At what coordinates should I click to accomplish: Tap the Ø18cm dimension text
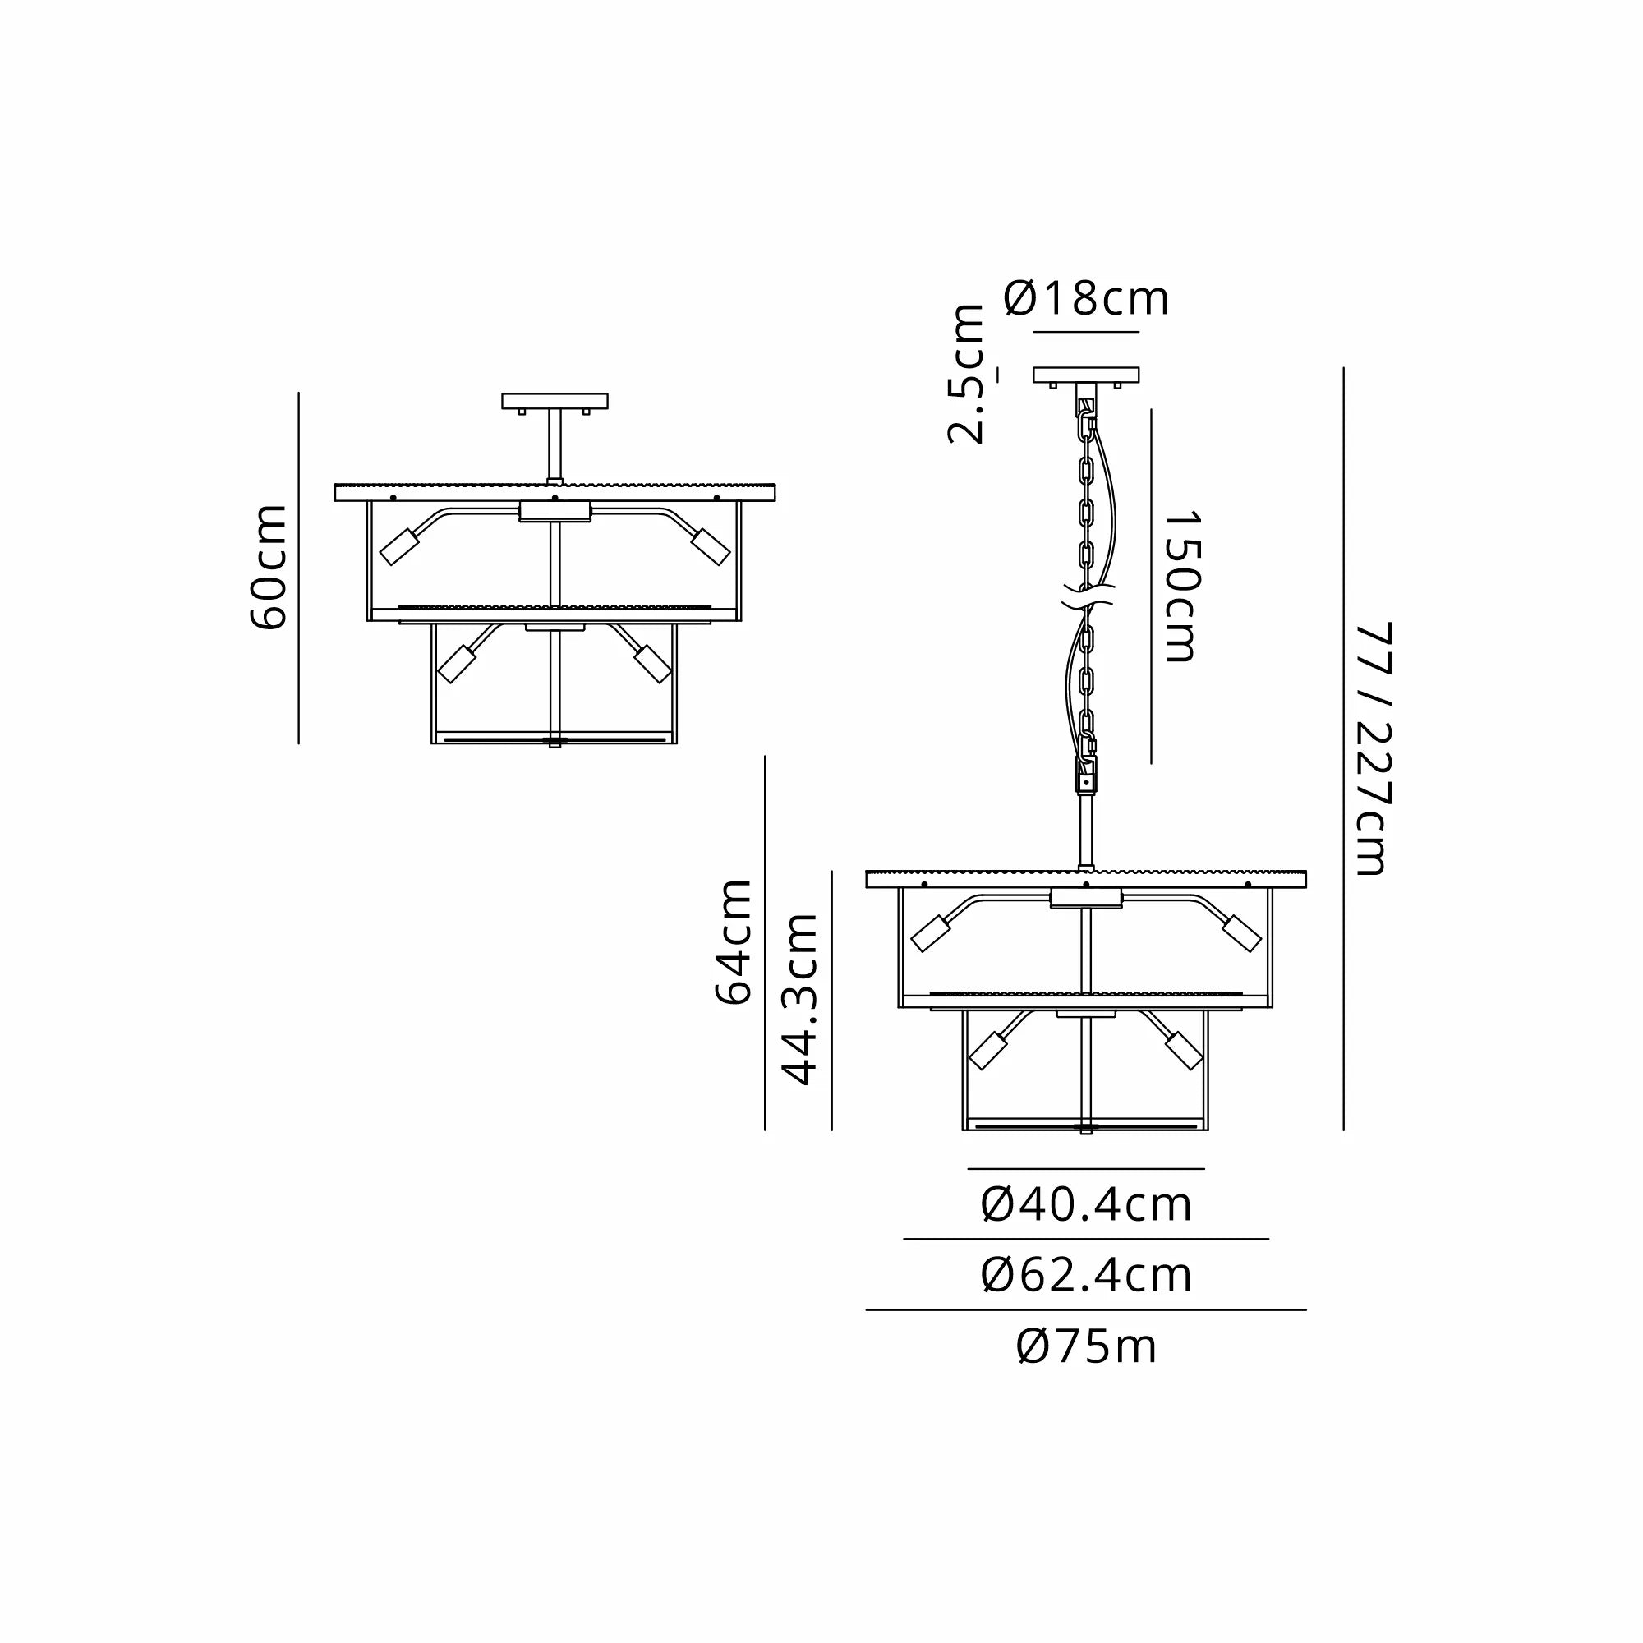point(1086,299)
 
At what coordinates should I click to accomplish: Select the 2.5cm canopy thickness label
point(966,374)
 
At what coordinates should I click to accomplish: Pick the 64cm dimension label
point(733,942)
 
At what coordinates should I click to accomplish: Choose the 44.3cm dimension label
point(799,1000)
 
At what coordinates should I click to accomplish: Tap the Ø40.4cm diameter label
point(1086,1205)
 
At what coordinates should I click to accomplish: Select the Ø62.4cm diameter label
point(1086,1276)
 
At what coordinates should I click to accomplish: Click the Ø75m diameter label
point(1086,1347)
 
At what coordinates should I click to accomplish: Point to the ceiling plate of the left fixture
point(555,401)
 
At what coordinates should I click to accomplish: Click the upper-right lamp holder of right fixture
point(1240,934)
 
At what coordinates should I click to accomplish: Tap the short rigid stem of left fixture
point(555,444)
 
